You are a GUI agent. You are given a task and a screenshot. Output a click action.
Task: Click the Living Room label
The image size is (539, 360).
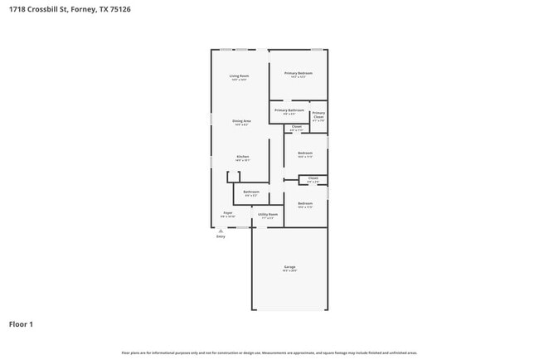click(240, 76)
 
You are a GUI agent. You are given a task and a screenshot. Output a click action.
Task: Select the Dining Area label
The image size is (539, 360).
click(241, 121)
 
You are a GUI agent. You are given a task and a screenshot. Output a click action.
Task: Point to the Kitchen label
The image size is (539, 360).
click(243, 156)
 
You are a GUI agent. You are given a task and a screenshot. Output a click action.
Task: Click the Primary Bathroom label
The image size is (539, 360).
click(289, 110)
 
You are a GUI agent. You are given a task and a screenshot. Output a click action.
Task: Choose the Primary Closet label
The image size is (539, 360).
click(318, 114)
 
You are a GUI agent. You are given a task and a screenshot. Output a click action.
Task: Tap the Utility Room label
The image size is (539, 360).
click(268, 214)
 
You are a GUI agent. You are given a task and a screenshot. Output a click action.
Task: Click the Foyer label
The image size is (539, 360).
click(228, 213)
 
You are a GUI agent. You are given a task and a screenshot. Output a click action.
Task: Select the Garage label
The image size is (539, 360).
click(289, 266)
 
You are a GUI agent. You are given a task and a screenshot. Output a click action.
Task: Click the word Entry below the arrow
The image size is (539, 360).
click(221, 237)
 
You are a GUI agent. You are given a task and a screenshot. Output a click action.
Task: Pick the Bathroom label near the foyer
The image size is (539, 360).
click(251, 192)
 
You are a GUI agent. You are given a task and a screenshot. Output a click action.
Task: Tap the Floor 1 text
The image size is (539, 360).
click(22, 324)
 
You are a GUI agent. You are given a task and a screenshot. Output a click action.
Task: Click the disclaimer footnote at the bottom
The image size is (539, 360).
click(269, 353)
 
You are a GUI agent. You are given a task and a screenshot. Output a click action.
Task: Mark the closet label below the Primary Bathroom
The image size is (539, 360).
click(296, 126)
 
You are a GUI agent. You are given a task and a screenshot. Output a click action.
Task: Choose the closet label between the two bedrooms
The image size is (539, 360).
click(313, 178)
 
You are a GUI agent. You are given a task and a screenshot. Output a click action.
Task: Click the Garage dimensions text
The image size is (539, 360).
click(289, 270)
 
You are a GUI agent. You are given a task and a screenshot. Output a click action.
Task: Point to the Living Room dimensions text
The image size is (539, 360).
click(240, 80)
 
